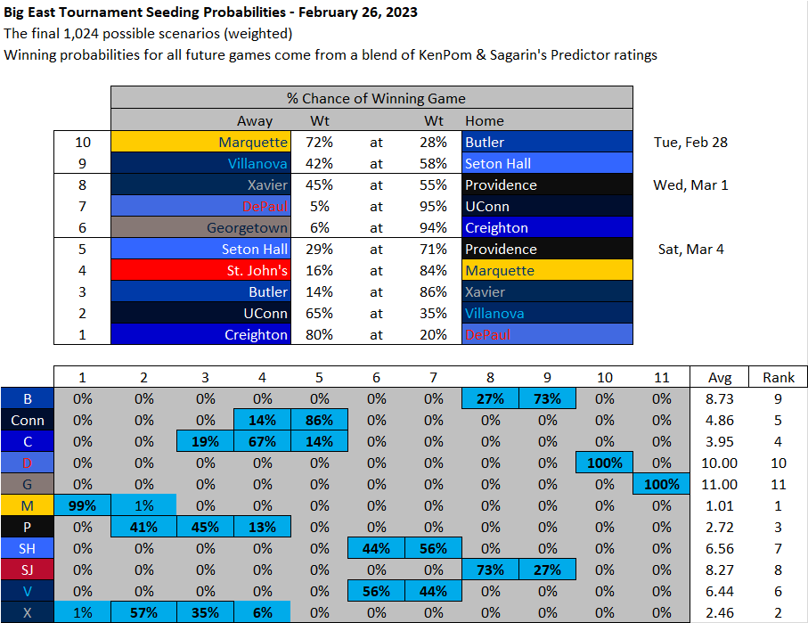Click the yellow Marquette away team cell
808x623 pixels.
point(200,143)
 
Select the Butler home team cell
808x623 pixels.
point(546,143)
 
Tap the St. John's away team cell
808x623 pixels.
point(200,271)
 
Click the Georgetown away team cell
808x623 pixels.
point(200,228)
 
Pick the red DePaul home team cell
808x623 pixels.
point(546,335)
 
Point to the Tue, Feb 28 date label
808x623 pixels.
point(690,143)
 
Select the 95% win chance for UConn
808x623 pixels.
point(434,207)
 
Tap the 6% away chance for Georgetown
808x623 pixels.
point(321,228)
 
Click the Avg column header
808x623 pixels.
point(720,377)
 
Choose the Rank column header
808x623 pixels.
point(779,377)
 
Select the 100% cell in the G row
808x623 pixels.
point(661,484)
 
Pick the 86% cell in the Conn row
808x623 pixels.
point(318,420)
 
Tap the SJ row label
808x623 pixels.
point(27,570)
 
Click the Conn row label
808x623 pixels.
point(27,420)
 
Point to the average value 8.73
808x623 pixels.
point(720,398)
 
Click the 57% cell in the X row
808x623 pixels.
point(144,612)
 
